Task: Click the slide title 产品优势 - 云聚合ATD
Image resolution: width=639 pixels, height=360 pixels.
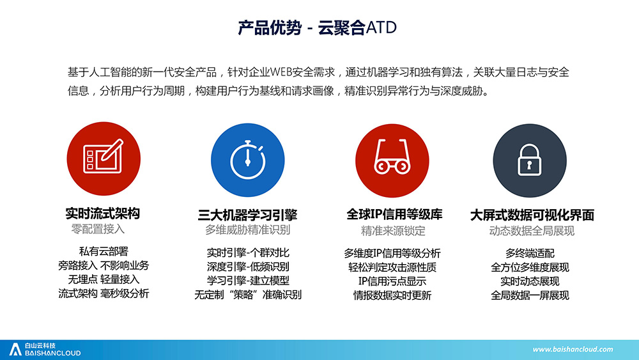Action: (317, 27)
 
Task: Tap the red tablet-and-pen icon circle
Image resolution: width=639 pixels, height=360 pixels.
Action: (104, 159)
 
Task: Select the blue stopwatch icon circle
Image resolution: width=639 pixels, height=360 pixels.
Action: (248, 160)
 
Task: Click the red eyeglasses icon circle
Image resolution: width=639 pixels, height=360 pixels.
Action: (392, 160)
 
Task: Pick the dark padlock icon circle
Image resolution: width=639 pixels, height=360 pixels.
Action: (529, 160)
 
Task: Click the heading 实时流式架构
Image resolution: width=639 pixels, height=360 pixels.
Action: (103, 213)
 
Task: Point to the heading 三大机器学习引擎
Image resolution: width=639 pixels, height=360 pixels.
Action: (247, 215)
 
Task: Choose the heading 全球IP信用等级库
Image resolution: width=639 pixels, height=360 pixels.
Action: (394, 214)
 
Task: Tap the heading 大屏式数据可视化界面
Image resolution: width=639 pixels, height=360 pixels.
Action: (532, 215)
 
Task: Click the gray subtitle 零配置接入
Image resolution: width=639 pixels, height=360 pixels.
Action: (98, 229)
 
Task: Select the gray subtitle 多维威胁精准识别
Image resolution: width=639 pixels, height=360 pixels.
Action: (247, 230)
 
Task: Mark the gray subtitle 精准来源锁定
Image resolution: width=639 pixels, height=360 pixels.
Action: (393, 231)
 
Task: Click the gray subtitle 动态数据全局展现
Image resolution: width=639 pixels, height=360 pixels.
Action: (532, 231)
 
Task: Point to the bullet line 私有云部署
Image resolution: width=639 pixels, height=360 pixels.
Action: (104, 251)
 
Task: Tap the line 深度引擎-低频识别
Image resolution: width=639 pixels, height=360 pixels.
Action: (248, 267)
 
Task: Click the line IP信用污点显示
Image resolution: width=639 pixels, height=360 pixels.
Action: (392, 281)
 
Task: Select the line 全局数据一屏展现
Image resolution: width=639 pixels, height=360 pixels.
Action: (530, 295)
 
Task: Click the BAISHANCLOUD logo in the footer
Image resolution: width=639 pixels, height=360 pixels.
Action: (45, 349)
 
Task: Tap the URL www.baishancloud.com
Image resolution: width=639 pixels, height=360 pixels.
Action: (573, 349)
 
